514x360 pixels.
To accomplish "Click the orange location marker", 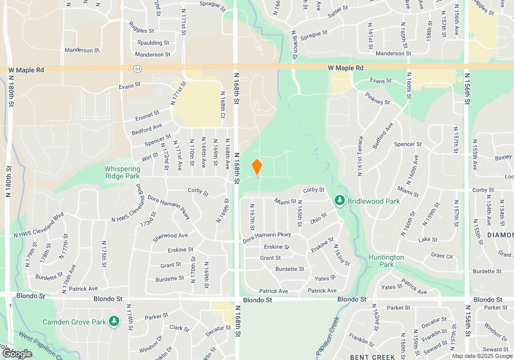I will pyautogui.click(x=257, y=168).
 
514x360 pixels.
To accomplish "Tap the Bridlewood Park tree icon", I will pyautogui.click(x=339, y=200).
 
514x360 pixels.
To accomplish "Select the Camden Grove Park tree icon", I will pyautogui.click(x=114, y=322).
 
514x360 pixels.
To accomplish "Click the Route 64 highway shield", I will pyautogui.click(x=137, y=68).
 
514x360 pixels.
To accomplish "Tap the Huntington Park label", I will pyautogui.click(x=386, y=261).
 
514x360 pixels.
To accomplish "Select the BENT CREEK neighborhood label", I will pyautogui.click(x=372, y=356).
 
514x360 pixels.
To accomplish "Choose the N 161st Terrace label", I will pyautogui.click(x=360, y=155).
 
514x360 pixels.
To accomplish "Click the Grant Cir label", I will pyautogui.click(x=442, y=256).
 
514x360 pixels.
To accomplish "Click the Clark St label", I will pyautogui.click(x=179, y=328).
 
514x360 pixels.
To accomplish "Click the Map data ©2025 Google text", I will pyautogui.click(x=482, y=356).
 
